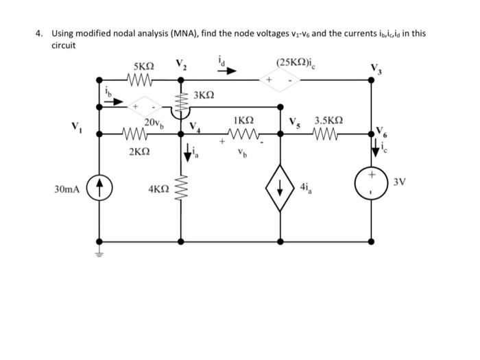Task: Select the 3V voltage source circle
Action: (371, 185)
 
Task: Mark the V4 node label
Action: (195, 125)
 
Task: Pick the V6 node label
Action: (381, 129)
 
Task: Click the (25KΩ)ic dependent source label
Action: (291, 64)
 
